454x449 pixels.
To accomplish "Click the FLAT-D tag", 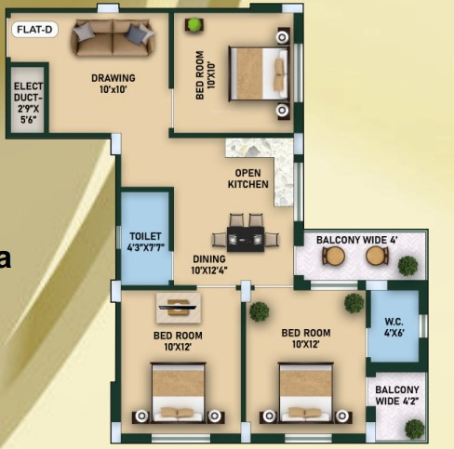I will pyautogui.click(x=33, y=29).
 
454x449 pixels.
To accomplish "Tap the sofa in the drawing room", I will pyautogui.click(x=113, y=38).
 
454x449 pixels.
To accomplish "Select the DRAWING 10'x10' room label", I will pyautogui.click(x=113, y=84).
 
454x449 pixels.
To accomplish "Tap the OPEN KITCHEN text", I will pyautogui.click(x=248, y=178).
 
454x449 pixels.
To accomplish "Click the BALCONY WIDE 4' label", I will pyautogui.click(x=356, y=240).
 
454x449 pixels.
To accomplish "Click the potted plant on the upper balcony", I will pyautogui.click(x=407, y=265).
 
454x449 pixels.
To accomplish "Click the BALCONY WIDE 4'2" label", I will pyautogui.click(x=397, y=395).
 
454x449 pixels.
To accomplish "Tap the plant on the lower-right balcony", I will pyautogui.click(x=414, y=428).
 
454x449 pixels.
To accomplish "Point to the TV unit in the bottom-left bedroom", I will pyautogui.click(x=177, y=304).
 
